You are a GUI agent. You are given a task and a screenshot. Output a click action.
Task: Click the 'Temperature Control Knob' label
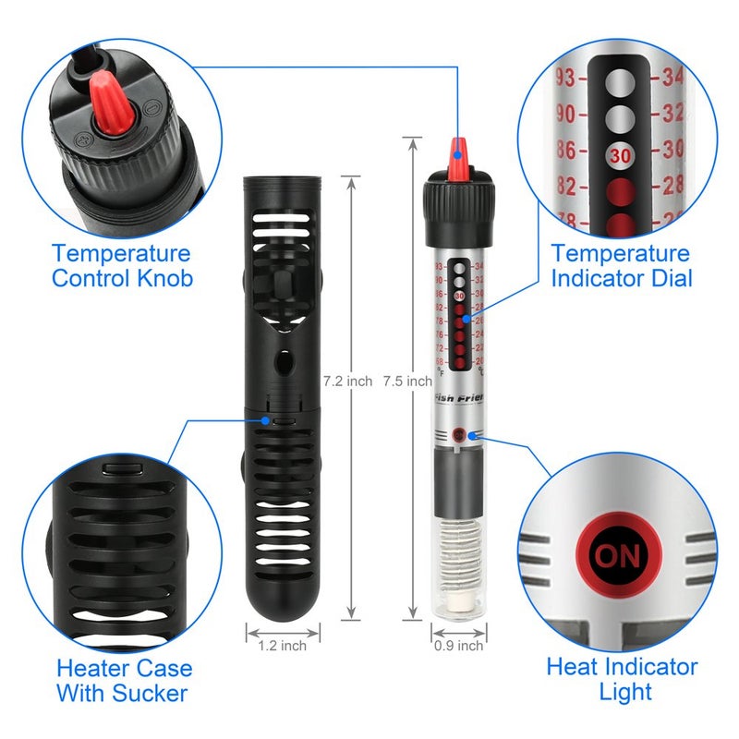[x=121, y=265]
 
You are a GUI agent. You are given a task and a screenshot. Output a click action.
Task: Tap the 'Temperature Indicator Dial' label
[x=620, y=265]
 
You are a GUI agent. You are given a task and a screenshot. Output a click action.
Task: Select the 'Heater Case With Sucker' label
[x=125, y=680]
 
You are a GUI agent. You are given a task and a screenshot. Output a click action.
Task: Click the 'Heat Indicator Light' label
[x=622, y=678]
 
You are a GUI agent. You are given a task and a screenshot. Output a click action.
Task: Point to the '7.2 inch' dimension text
[x=347, y=381]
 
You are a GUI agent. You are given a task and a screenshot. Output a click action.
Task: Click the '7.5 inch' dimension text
[x=407, y=381]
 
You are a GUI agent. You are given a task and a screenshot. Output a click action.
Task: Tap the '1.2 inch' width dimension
[x=283, y=646]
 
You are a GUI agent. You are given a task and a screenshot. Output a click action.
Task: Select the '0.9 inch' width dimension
[x=458, y=646]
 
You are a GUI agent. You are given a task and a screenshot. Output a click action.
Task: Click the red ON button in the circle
[x=616, y=556]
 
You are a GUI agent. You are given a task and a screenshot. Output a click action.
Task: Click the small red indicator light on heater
[x=459, y=432]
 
